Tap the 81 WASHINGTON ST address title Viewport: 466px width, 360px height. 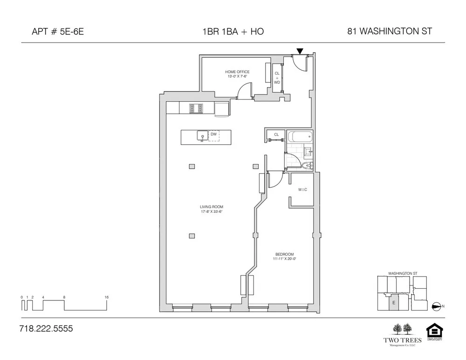point(390,32)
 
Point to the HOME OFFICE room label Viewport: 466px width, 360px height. point(237,72)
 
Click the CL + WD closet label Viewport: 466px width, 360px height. point(277,78)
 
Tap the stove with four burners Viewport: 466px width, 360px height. point(196,108)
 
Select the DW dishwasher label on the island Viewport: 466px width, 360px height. point(213,134)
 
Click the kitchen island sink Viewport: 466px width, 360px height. point(202,136)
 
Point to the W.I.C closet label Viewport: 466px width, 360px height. point(302,190)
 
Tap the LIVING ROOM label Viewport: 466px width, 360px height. point(208,207)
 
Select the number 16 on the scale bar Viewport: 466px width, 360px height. point(107,297)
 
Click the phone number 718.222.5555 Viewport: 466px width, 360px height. point(46,328)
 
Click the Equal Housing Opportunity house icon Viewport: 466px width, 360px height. point(434,331)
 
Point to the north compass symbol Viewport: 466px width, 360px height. point(436,306)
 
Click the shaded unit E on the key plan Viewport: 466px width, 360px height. point(394,303)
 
